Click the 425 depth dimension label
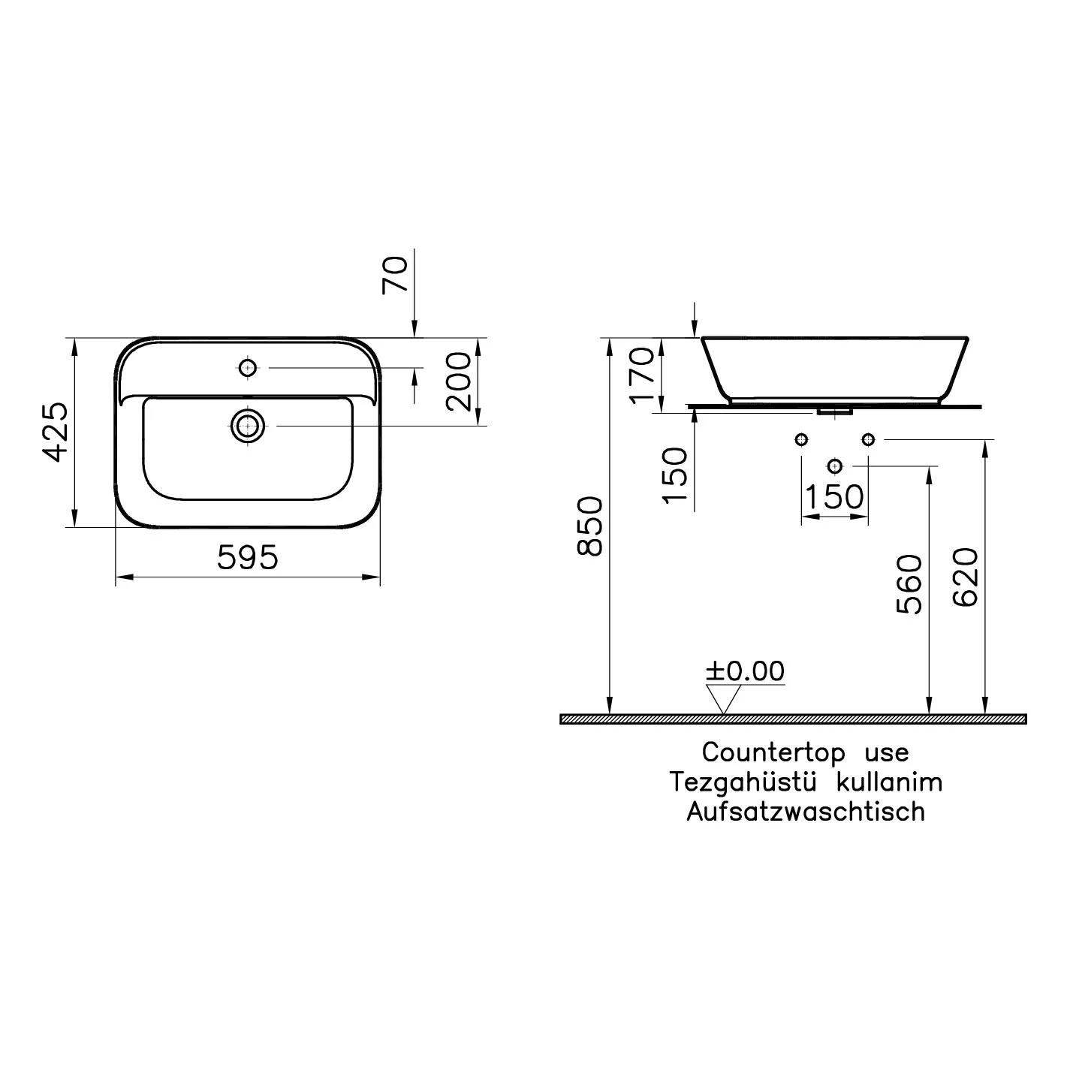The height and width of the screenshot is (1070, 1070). (55, 432)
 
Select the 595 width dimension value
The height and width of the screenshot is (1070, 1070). (248, 557)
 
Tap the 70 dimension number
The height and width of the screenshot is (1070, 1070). (396, 275)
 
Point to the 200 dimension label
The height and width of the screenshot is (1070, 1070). (459, 381)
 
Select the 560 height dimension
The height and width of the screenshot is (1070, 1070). (909, 584)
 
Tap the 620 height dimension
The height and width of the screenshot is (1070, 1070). (965, 577)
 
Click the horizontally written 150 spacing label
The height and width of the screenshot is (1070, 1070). (834, 496)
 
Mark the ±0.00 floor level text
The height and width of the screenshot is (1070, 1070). (744, 671)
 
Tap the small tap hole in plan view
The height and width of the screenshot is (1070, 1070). (247, 368)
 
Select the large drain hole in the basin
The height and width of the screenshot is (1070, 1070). (247, 426)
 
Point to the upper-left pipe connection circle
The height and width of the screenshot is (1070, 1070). (801, 439)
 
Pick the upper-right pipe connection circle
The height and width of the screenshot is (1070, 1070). (868, 439)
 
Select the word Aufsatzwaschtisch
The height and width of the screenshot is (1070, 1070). (806, 812)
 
